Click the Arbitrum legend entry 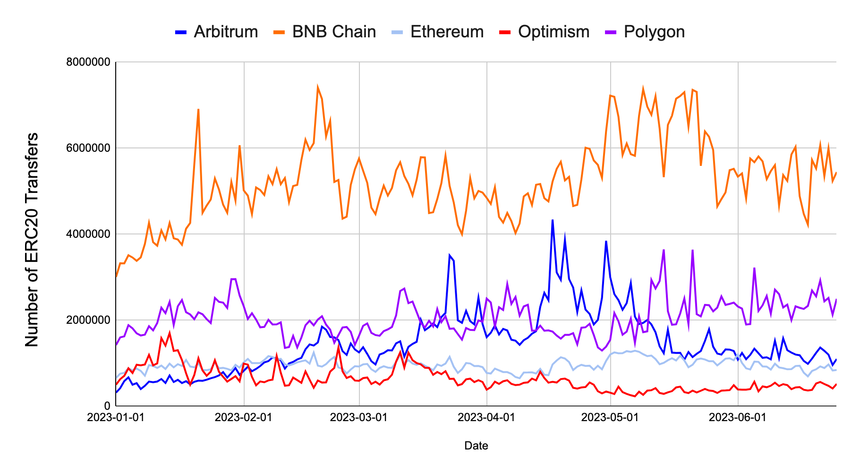(217, 32)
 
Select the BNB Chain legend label (325, 32)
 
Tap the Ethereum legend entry (438, 32)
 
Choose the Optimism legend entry (545, 32)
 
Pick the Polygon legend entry (645, 32)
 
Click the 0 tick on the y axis (107, 406)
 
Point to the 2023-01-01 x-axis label (116, 418)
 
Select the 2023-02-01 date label (244, 418)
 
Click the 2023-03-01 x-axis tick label (359, 418)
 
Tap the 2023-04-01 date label (486, 418)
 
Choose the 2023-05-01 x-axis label (610, 418)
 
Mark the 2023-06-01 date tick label (737, 418)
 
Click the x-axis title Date (476, 446)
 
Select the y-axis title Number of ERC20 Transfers (32, 240)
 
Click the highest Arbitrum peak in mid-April (552, 220)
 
